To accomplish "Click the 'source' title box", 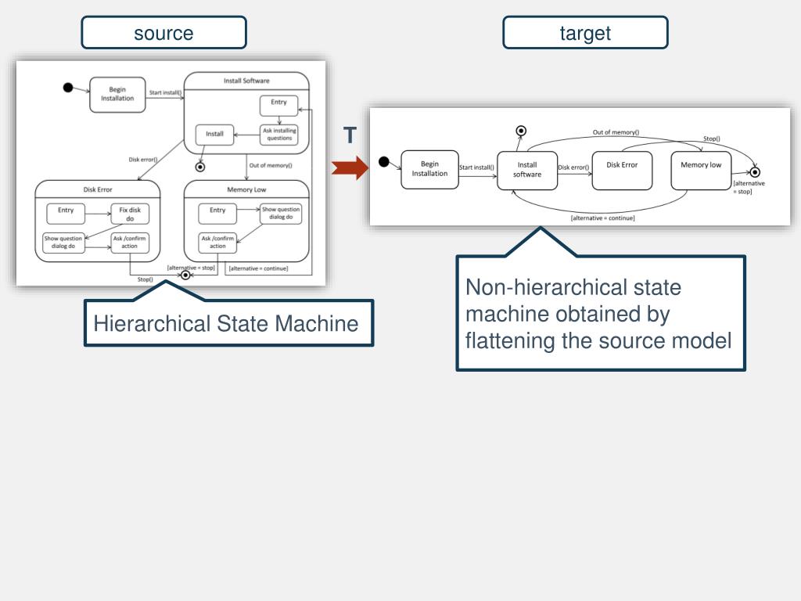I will [163, 33].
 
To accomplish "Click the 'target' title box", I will [585, 33].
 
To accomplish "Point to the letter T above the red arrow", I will [350, 136].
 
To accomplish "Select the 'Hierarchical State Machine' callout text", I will [226, 323].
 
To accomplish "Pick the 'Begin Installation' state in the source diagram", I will [117, 94].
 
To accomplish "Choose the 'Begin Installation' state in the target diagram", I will [429, 169].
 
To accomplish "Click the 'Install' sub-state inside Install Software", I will [214, 134].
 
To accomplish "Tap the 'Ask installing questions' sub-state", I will [279, 135].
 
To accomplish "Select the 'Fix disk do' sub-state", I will [130, 214].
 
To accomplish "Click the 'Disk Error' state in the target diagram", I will [622, 170].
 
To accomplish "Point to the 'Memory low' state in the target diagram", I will [701, 170].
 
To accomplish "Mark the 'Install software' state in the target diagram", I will [527, 170].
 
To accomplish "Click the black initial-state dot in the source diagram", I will [68, 87].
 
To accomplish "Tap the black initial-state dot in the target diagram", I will [383, 161].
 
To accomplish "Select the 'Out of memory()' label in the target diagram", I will [616, 132].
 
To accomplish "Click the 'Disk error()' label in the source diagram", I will [143, 160].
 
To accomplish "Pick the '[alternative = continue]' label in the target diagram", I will [603, 218].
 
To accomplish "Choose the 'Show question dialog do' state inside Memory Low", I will [281, 214].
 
